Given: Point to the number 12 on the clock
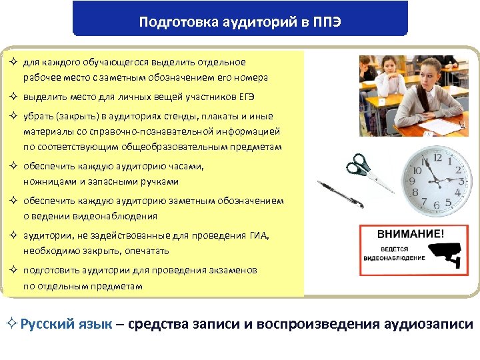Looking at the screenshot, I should point(438,159).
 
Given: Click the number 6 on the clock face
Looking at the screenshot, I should point(437,203).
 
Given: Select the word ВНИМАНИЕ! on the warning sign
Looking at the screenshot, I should point(410,235).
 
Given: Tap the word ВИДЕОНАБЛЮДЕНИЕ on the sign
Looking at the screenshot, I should point(395,257).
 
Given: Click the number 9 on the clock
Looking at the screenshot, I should point(414,181).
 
